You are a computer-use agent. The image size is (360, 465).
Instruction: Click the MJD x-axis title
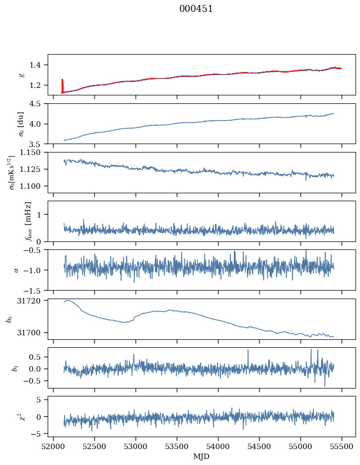202,456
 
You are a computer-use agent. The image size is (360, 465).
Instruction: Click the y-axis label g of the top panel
21,75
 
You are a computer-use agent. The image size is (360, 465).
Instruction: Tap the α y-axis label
16,270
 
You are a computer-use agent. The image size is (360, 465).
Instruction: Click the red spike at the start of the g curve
62,84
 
